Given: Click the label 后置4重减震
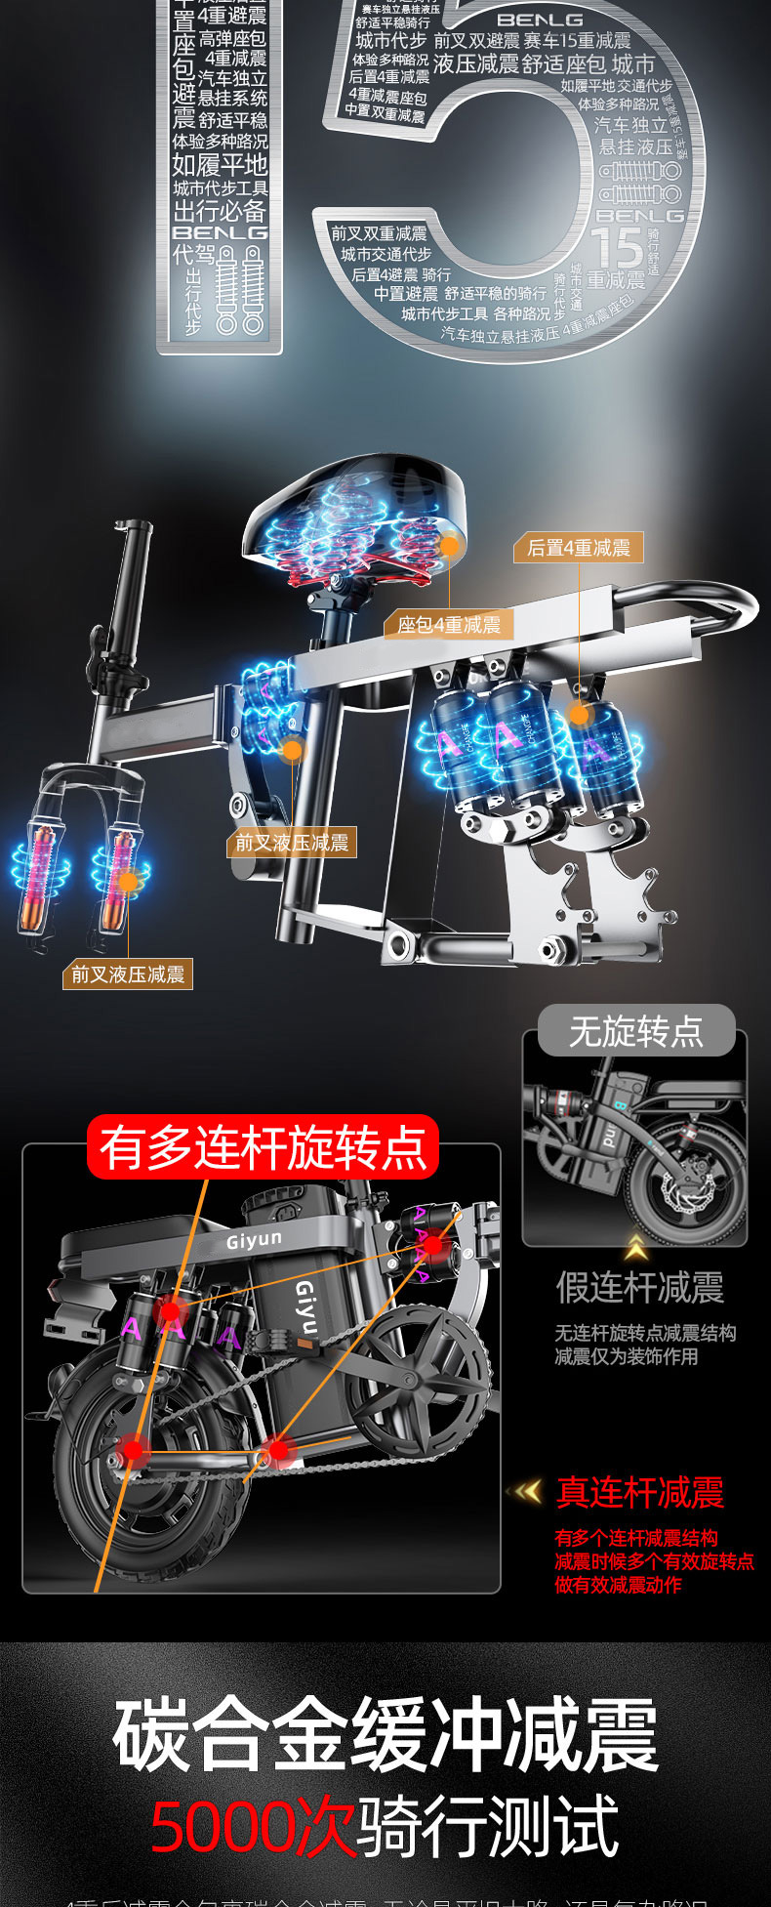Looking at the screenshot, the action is click(x=579, y=548).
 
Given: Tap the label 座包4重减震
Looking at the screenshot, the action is click(x=449, y=624).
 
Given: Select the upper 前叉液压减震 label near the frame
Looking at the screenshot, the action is click(x=292, y=843).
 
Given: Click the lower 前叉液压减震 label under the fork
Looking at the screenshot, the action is click(x=128, y=974).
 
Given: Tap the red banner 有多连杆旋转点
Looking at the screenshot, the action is click(x=264, y=1147).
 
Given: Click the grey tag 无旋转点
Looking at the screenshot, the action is click(x=635, y=1031).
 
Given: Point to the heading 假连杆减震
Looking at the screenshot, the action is click(x=639, y=1287).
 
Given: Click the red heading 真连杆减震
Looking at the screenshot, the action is click(x=639, y=1492).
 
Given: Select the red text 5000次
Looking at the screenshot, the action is click(x=253, y=1827).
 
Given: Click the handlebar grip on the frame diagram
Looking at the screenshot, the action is click(x=134, y=566).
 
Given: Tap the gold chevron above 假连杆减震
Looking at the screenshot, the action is click(x=636, y=1246).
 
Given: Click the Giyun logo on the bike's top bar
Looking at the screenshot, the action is click(x=254, y=1240).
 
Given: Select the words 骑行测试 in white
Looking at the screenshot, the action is click(x=488, y=1827).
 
